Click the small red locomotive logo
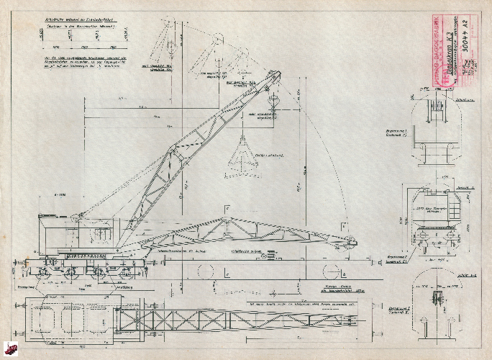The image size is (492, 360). click(11, 351)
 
